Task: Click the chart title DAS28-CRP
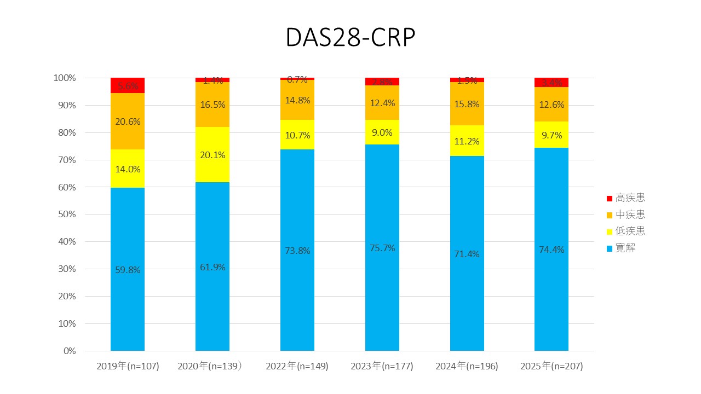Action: (x=350, y=38)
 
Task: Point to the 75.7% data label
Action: (x=382, y=248)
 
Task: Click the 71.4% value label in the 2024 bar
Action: (x=467, y=254)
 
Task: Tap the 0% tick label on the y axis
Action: (x=69, y=351)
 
